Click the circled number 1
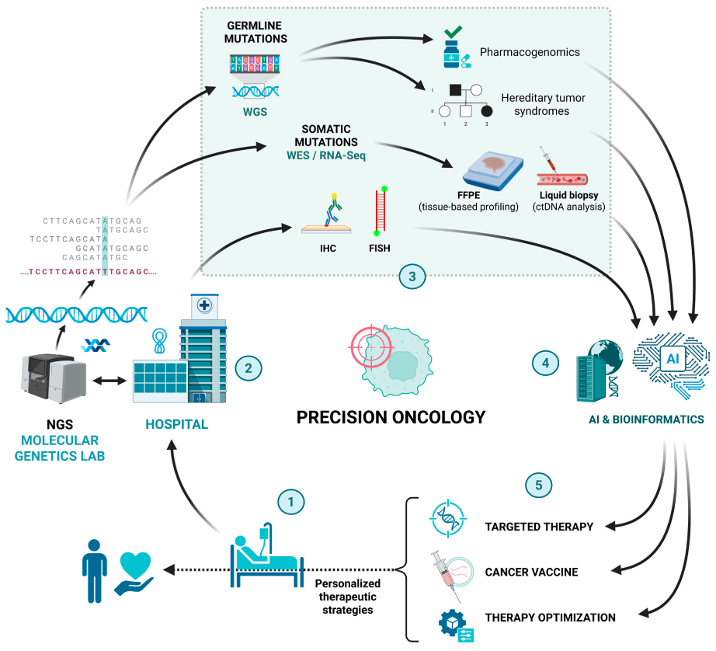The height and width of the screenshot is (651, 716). point(291,502)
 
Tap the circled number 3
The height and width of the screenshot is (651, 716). point(412,276)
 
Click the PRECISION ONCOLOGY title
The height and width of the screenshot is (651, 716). point(391,416)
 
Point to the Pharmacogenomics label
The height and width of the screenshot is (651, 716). point(530,52)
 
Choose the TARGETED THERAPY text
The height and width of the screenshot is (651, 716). point(539,527)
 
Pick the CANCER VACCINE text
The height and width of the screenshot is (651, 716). point(531,572)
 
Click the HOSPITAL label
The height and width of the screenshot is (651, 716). point(176,425)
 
